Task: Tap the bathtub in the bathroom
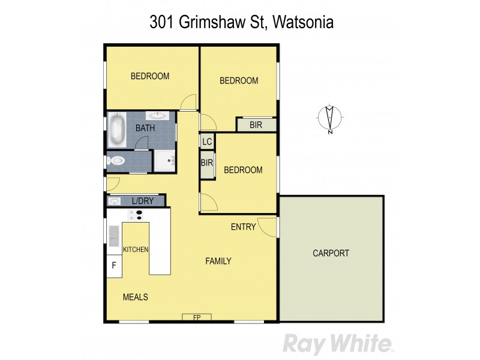tap(116, 130)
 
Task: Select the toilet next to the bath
tap(117, 161)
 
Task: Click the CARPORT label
tap(331, 253)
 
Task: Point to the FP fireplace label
tap(196, 317)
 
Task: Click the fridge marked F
tap(113, 265)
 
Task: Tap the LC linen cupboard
tap(207, 142)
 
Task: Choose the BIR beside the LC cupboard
tap(207, 163)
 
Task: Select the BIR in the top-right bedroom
tap(256, 124)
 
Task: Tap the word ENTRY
tap(244, 227)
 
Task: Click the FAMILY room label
tap(218, 261)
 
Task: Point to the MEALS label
tap(136, 297)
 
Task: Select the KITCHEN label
tap(136, 250)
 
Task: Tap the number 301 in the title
tap(160, 23)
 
